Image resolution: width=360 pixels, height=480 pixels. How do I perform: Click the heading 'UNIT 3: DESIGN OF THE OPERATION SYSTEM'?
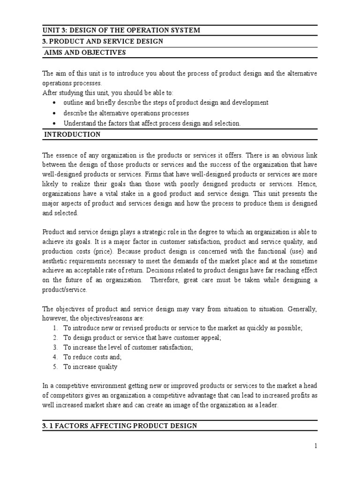pyautogui.click(x=121, y=30)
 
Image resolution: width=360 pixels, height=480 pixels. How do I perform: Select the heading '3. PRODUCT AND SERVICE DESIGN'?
pyautogui.click(x=103, y=42)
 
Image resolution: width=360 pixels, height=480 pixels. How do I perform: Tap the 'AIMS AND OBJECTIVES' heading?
pyautogui.click(x=85, y=53)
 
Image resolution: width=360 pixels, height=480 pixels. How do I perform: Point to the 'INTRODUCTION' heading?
pyautogui.click(x=72, y=135)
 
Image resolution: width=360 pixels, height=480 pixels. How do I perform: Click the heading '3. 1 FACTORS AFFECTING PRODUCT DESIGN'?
pyautogui.click(x=120, y=426)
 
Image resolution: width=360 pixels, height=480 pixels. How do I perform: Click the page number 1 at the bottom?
pyautogui.click(x=316, y=446)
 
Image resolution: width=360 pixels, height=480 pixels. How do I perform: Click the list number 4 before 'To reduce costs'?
pyautogui.click(x=55, y=357)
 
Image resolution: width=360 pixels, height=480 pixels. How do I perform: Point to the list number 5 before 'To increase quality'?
pyautogui.click(x=55, y=367)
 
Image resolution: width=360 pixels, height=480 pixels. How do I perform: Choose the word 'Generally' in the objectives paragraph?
pyautogui.click(x=302, y=309)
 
